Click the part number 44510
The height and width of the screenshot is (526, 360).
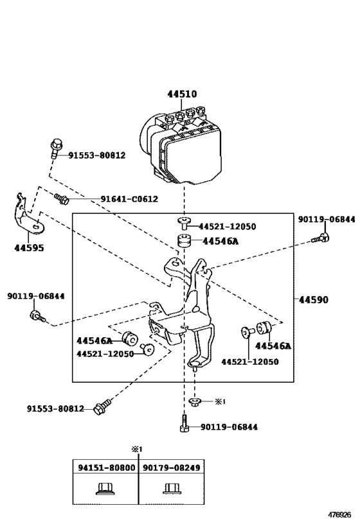pyautogui.click(x=182, y=94)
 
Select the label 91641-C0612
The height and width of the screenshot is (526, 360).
pyautogui.click(x=129, y=199)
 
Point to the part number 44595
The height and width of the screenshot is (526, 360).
pyautogui.click(x=29, y=247)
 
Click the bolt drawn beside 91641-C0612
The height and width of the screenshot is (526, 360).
pyautogui.click(x=62, y=198)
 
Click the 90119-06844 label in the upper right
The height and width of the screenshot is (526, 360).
pyautogui.click(x=326, y=219)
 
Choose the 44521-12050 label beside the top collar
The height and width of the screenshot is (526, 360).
pyautogui.click(x=227, y=227)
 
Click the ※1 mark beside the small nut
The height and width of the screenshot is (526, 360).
pyautogui.click(x=219, y=401)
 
